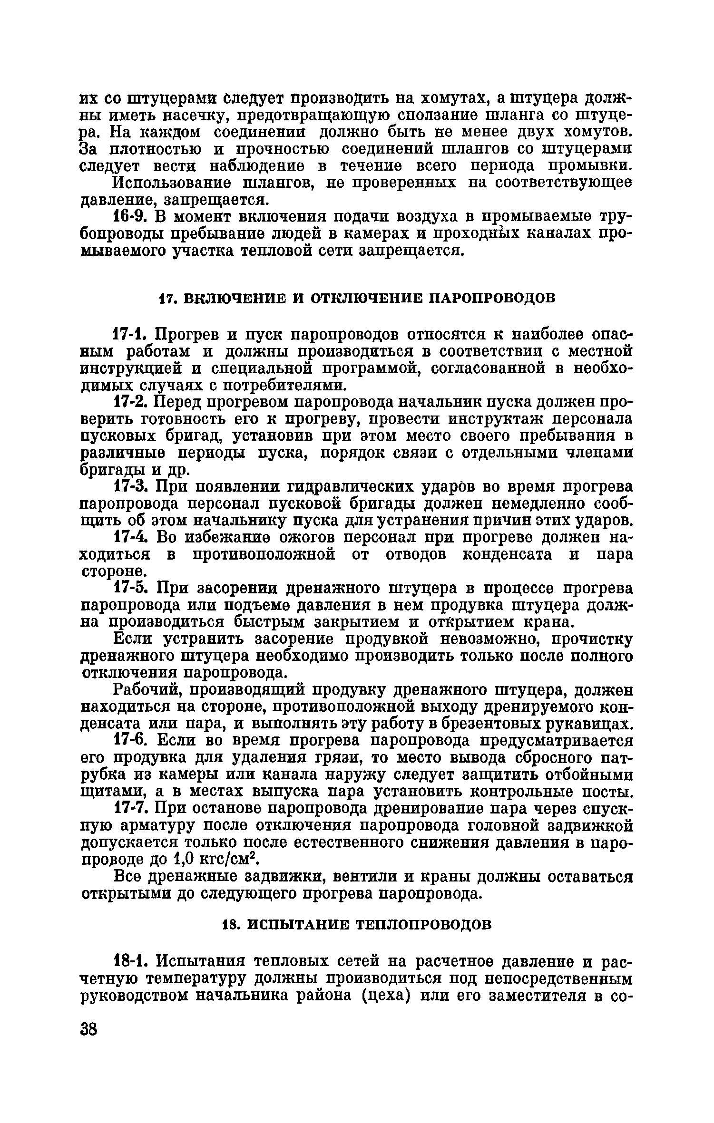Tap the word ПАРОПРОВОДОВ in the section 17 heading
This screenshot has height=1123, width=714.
click(492, 298)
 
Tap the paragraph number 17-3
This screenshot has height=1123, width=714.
click(129, 487)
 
